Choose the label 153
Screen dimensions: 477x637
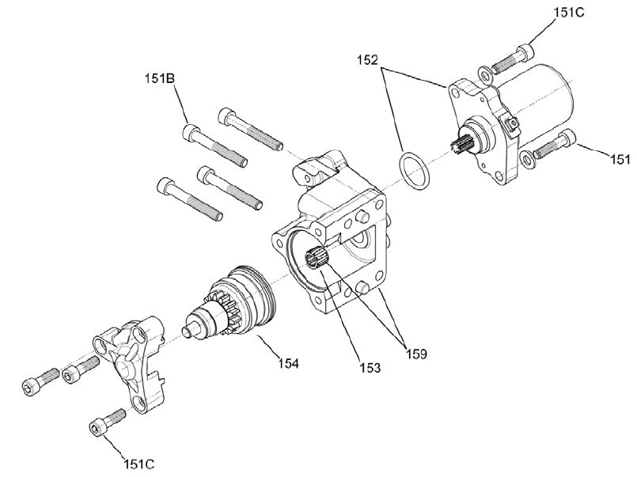[370, 367]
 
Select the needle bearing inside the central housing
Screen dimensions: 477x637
[318, 259]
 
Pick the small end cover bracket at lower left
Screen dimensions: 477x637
[133, 360]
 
